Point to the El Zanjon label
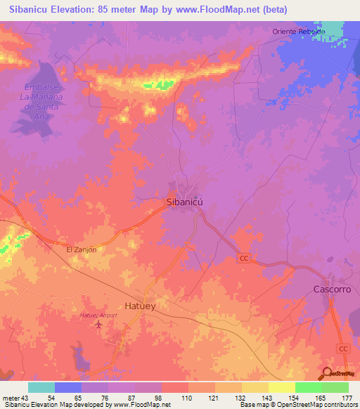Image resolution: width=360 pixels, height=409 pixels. [x=81, y=249]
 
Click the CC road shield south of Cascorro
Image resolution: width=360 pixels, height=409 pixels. [x=343, y=349]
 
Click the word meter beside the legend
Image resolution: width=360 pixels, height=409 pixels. [x=11, y=398]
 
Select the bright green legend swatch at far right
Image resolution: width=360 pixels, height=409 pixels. [x=335, y=387]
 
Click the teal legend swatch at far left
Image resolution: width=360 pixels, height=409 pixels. [x=41, y=387]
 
